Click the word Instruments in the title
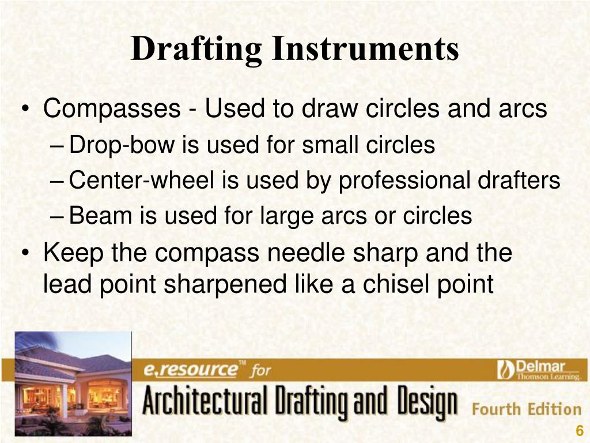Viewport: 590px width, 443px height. pyautogui.click(x=365, y=49)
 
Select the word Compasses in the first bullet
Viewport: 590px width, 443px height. pyautogui.click(x=112, y=108)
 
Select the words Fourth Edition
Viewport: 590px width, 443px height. pyautogui.click(x=527, y=410)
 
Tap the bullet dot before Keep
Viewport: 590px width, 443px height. pyautogui.click(x=25, y=254)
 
